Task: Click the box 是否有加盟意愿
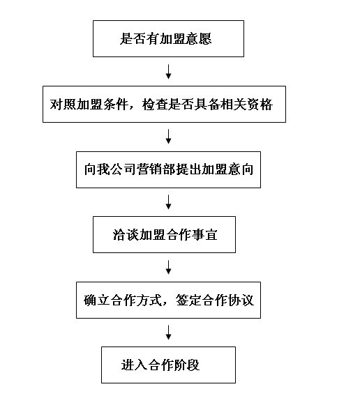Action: coord(168,38)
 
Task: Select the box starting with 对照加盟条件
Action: coord(165,105)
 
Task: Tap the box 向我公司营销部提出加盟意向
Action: coord(168,169)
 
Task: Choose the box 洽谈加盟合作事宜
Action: coord(165,235)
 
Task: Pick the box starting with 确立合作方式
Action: coord(168,300)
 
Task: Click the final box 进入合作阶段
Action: coord(168,365)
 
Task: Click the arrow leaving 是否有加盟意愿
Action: coord(168,72)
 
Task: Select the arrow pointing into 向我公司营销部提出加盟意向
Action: coord(168,137)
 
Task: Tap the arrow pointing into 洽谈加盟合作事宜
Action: coord(168,202)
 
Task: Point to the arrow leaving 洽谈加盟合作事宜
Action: coord(168,267)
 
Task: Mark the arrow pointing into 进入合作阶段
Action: coord(168,333)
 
